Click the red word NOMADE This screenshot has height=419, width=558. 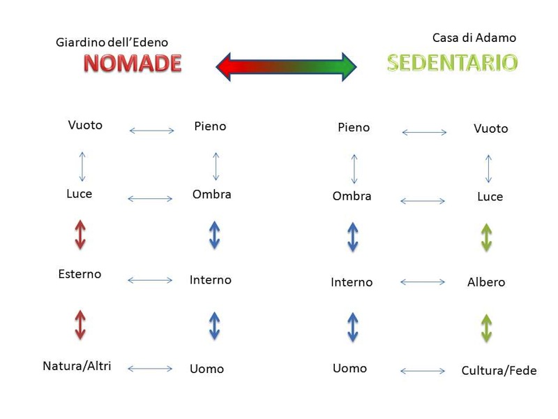[133, 64]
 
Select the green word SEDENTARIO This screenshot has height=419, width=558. [452, 63]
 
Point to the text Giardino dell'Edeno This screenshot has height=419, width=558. [112, 43]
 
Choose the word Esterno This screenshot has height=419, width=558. [80, 274]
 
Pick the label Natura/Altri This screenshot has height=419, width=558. [77, 366]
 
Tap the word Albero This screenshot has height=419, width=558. [486, 283]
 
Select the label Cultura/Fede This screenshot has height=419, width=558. [499, 371]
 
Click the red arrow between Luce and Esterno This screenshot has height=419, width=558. [80, 234]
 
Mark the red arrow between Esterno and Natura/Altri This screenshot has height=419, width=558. [80, 325]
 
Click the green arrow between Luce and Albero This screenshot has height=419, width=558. [486, 237]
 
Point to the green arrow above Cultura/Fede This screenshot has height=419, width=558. [486, 328]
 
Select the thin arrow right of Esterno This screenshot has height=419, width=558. [150, 281]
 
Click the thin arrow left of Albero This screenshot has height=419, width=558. [423, 282]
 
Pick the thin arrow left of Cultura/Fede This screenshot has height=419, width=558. [423, 371]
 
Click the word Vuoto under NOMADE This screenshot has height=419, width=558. [85, 126]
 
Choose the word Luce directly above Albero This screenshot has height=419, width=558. [490, 197]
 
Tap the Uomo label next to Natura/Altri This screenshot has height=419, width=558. [206, 369]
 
